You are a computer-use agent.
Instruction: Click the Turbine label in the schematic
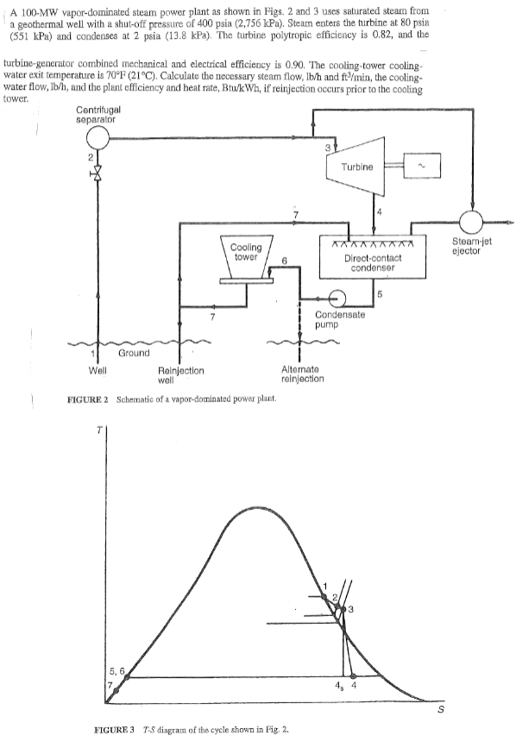357,167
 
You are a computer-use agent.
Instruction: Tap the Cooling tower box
246,253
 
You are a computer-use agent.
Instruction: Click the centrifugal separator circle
98,135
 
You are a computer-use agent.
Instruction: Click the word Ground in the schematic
134,352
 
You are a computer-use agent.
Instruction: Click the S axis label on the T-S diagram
442,710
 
